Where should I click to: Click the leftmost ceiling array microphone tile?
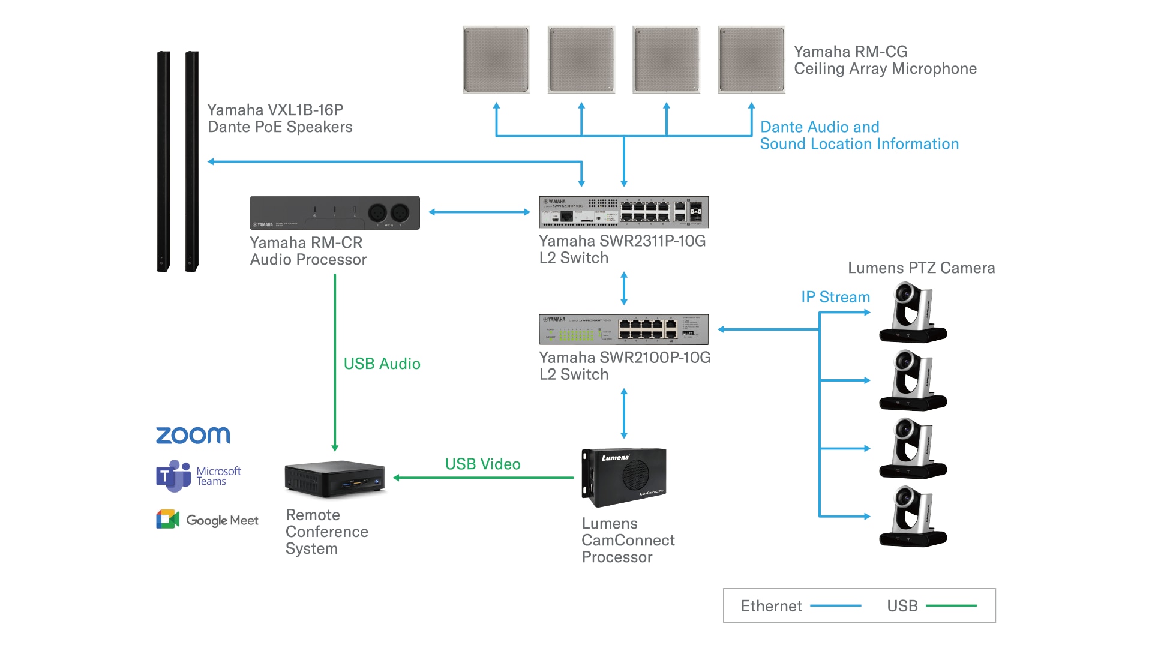[x=496, y=59]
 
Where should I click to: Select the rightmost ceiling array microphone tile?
[x=751, y=59]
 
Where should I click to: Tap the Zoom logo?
[x=193, y=435]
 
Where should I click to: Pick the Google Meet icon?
[x=168, y=519]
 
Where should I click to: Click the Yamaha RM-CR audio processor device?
[x=335, y=212]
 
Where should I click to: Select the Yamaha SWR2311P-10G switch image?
[x=623, y=212]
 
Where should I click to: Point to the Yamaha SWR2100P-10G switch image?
[x=623, y=329]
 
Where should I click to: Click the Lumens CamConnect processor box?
[x=624, y=477]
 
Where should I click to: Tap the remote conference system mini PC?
[x=335, y=479]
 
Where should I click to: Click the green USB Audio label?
[x=382, y=364]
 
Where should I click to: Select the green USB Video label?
[x=482, y=464]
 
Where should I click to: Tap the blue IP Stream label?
[x=835, y=297]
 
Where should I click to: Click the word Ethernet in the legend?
[x=771, y=606]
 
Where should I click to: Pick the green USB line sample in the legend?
[x=951, y=606]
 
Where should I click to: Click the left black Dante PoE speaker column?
[x=163, y=162]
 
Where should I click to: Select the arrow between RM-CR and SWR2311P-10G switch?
[x=479, y=212]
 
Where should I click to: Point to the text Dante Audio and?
[x=820, y=127]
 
